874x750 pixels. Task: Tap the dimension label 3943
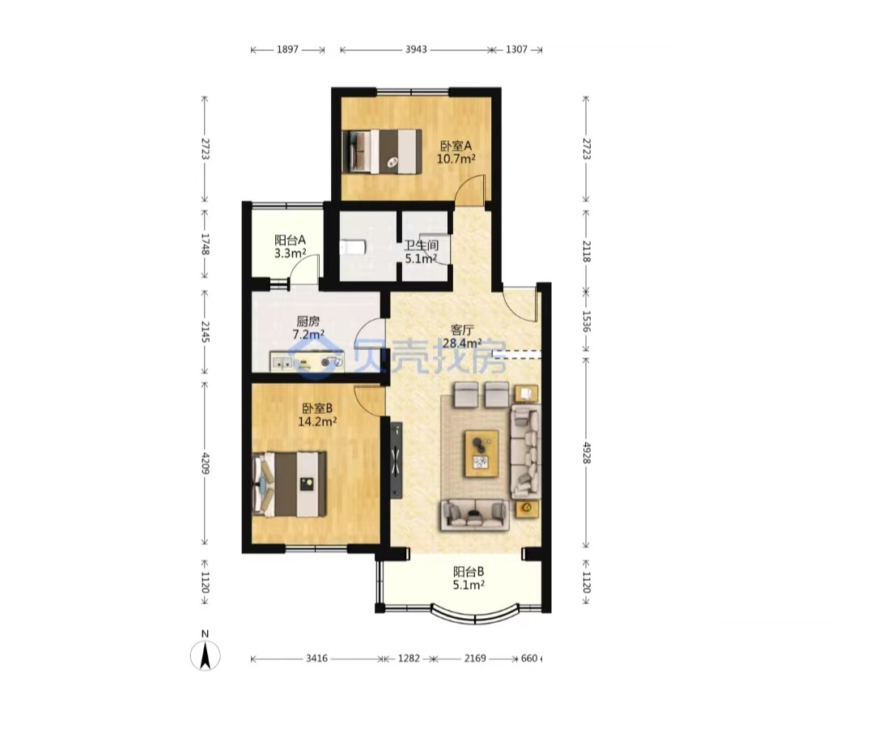coord(416,49)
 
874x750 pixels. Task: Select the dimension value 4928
coord(586,453)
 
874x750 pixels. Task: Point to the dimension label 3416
coord(316,658)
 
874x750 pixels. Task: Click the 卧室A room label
coord(456,147)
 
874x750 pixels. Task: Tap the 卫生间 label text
coord(421,245)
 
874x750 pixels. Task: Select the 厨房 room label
coord(308,322)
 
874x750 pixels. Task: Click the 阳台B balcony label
coord(469,572)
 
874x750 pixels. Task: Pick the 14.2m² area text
coord(317,421)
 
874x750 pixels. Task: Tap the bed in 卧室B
coord(289,484)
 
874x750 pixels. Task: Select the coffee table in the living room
coord(482,454)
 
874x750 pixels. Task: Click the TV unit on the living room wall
coord(397,460)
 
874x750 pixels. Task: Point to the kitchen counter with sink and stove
coord(308,362)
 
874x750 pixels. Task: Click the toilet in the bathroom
coord(353,247)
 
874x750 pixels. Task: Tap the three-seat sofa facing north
coord(475,514)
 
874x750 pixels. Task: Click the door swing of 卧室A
coord(470,190)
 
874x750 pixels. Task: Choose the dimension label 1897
coord(287,49)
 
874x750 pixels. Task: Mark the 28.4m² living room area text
coord(462,343)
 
